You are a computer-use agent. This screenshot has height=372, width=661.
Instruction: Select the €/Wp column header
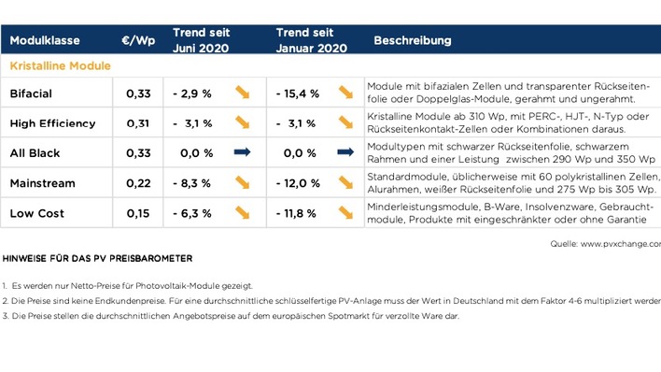(x=138, y=41)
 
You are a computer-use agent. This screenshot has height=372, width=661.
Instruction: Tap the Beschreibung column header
(x=413, y=41)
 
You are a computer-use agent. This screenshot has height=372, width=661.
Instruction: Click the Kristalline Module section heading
(x=61, y=66)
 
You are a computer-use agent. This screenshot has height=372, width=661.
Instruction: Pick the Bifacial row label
(x=31, y=93)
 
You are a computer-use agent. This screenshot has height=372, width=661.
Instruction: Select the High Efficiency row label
(x=52, y=123)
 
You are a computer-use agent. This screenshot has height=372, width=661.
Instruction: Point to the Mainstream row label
(x=42, y=183)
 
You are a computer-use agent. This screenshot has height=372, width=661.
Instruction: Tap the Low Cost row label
(x=36, y=213)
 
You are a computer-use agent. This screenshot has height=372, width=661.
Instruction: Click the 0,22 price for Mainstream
(x=138, y=183)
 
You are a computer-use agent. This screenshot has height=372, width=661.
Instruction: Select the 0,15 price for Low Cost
(x=138, y=213)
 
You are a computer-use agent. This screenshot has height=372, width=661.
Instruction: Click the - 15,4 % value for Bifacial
(x=298, y=93)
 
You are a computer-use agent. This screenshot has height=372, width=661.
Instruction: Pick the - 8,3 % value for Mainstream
(x=192, y=183)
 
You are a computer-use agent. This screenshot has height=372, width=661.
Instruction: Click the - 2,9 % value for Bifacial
(x=192, y=93)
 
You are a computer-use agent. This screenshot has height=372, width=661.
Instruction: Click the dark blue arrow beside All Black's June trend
(x=243, y=152)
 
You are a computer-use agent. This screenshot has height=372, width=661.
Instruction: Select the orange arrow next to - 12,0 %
(x=345, y=182)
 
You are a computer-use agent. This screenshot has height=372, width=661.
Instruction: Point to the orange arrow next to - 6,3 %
(x=243, y=212)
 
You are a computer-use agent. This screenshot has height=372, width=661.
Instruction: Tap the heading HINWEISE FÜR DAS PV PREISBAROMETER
(x=98, y=258)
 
